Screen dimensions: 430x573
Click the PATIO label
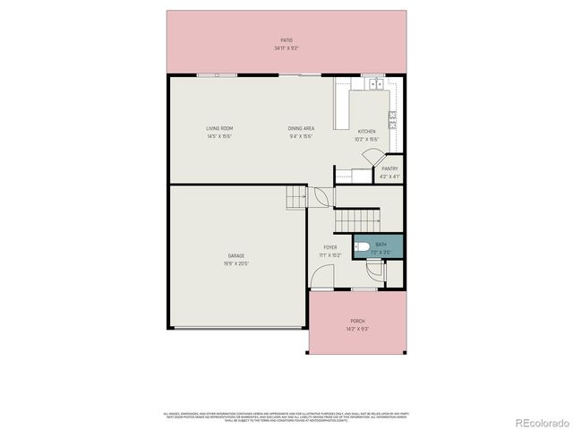pyautogui.click(x=286, y=40)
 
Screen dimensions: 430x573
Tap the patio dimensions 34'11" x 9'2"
pyautogui.click(x=286, y=47)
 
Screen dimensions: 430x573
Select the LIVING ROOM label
pyautogui.click(x=219, y=129)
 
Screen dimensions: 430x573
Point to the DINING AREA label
pyautogui.click(x=301, y=129)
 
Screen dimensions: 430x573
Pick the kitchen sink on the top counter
pyautogui.click(x=373, y=84)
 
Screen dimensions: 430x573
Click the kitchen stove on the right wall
pyautogui.click(x=393, y=121)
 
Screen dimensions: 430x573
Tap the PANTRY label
pyautogui.click(x=389, y=168)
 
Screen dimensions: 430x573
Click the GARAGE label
pyautogui.click(x=236, y=256)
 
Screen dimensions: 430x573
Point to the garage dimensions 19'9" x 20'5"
pyautogui.click(x=236, y=263)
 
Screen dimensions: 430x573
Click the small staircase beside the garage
pyautogui.click(x=297, y=197)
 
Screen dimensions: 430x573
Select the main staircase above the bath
pyautogui.click(x=358, y=219)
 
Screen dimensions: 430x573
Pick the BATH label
pyautogui.click(x=381, y=245)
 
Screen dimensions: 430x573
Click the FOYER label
pyautogui.click(x=330, y=247)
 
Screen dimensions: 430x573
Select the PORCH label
pyautogui.click(x=358, y=321)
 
